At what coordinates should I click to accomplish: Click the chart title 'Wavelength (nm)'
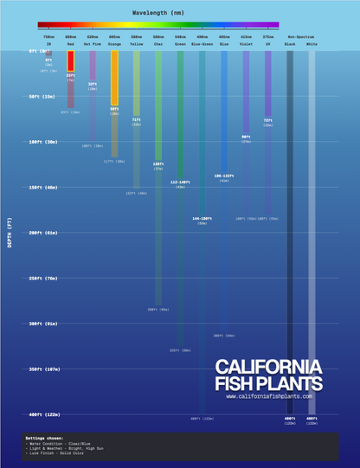pos(157,15)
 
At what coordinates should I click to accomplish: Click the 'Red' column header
pos(70,42)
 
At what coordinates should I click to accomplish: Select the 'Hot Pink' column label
pos(93,42)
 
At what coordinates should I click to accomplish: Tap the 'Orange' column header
pos(114,42)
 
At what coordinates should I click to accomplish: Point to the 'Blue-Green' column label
pos(202,42)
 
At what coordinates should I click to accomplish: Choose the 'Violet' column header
pos(246,42)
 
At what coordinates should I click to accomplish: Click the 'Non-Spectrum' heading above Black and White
pos(300,37)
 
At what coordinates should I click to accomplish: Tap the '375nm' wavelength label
pos(268,37)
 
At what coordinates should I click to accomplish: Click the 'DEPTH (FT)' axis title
pos(10,234)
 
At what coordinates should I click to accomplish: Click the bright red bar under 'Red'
pos(70,61)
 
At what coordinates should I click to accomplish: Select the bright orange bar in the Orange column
pos(114,78)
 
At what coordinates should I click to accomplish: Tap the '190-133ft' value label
pos(224,176)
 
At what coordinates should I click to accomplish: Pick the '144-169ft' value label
pos(202,219)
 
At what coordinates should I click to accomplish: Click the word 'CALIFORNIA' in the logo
pos(268,367)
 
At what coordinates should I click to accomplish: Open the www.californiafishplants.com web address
pos(268,396)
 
